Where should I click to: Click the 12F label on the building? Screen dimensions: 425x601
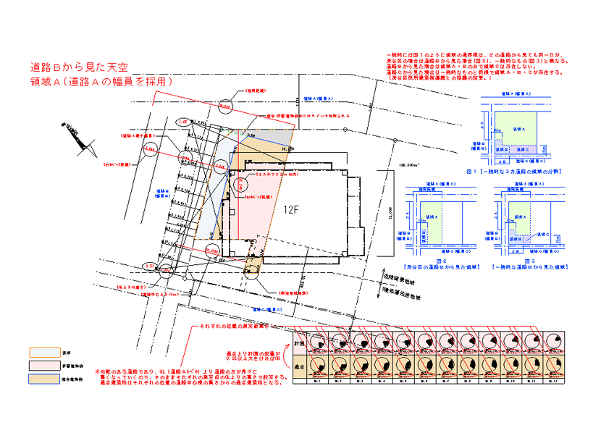tap(290, 210)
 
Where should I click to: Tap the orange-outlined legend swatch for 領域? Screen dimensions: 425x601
tap(38, 352)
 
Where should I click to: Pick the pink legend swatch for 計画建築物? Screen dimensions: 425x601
tap(38, 365)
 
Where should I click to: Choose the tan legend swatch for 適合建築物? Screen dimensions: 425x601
tap(38, 378)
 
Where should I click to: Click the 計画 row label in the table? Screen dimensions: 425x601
tap(298, 342)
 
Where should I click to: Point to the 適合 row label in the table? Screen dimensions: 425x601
tap(298, 367)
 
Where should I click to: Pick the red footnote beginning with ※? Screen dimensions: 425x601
tap(186, 378)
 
